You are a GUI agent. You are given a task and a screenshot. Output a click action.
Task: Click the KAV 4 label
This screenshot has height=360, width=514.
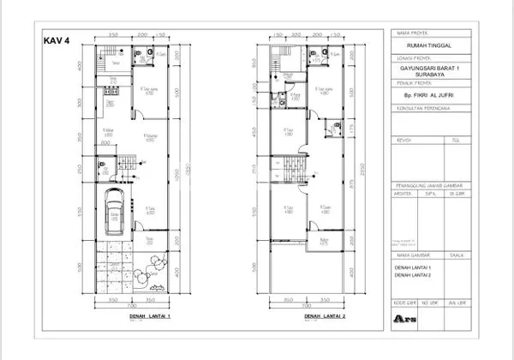(57, 40)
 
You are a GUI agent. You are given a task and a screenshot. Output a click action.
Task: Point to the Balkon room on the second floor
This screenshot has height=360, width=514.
(321, 241)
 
